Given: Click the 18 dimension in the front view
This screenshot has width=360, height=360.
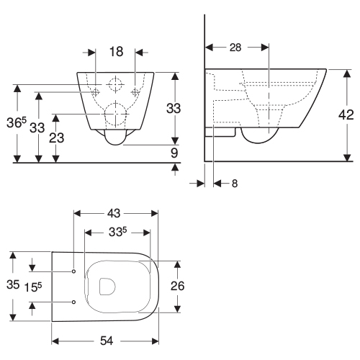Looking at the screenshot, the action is pos(117,52).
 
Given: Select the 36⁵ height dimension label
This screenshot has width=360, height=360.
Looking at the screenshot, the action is pos(17,122).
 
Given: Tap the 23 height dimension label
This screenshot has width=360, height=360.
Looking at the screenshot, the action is pos(57,138).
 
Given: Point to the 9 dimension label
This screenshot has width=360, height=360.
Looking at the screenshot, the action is pos(174,153).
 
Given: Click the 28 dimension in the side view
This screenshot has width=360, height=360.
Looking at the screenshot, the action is pos(235,48).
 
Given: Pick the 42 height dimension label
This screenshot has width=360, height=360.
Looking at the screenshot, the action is pos(346,115).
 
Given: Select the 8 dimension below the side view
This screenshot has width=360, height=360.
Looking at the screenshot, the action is pos(235,184).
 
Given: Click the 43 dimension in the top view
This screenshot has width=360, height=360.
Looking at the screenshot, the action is pos(114,213).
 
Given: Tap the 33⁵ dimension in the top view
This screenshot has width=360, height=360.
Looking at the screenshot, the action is pos(117,232).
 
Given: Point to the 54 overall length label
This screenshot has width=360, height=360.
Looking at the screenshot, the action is pos(107,341).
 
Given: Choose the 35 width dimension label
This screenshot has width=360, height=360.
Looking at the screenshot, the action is pos(13,284).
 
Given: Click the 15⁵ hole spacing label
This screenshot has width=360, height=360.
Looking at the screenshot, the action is pos(33,287).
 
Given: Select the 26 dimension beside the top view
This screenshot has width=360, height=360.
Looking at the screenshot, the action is pos(178,286).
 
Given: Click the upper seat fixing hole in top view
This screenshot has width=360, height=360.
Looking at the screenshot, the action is pos(73,271).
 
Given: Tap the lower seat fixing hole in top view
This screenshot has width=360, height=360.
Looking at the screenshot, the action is pos(73,302).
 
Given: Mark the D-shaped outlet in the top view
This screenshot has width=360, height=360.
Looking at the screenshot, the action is pos(107,287).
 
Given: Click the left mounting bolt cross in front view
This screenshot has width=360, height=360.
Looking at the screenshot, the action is pos(96,91).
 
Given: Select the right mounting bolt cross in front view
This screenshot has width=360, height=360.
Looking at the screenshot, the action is pos(135,91).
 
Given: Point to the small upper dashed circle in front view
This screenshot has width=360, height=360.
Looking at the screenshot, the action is pos(115,84).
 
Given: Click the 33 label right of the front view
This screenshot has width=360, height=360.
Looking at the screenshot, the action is pos(174,108).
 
